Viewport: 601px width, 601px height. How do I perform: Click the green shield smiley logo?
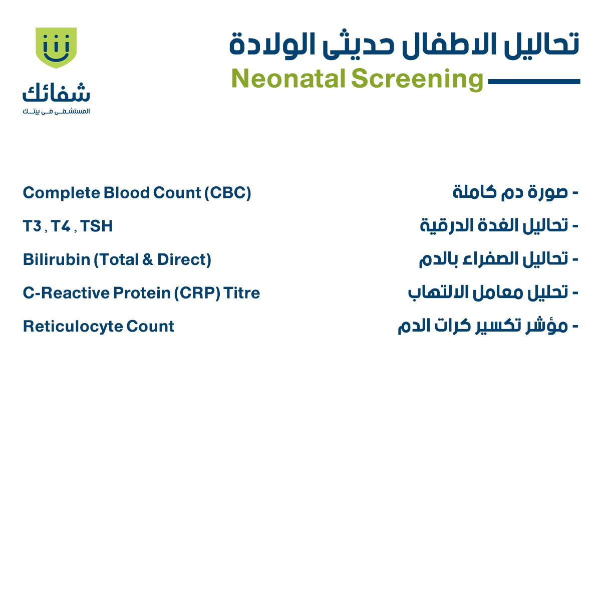[56, 48]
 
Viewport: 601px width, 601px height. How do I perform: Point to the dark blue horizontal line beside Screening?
[533, 81]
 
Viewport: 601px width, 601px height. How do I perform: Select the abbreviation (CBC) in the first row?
[227, 193]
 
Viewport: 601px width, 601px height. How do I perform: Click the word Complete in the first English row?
[61, 193]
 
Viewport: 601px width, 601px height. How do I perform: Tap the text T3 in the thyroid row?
[32, 226]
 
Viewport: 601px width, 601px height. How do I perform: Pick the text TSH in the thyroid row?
[97, 226]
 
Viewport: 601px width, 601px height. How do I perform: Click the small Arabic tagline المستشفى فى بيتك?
[56, 111]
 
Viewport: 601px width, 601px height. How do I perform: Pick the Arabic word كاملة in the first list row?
[474, 192]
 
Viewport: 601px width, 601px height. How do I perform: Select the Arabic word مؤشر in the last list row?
[549, 327]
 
